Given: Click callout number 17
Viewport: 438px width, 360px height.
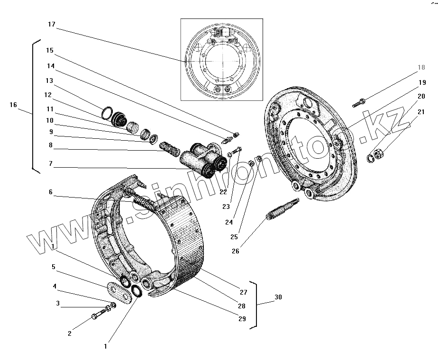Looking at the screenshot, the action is pos(52,24).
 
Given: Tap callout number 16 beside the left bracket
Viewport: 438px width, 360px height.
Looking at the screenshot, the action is pos(13,105).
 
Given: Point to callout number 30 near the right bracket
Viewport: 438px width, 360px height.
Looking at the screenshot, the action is pos(278,297).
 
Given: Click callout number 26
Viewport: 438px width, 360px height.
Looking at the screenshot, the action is pos(236,251).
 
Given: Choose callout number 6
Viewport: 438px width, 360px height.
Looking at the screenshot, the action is pos(50,192).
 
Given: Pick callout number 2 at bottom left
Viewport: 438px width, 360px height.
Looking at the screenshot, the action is pos(70,333).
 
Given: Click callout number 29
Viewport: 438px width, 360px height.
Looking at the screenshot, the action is pos(242,319).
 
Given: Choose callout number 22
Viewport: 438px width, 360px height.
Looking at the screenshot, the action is pos(223,192).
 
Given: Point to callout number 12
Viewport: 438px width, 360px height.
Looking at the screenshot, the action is pos(48,95).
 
